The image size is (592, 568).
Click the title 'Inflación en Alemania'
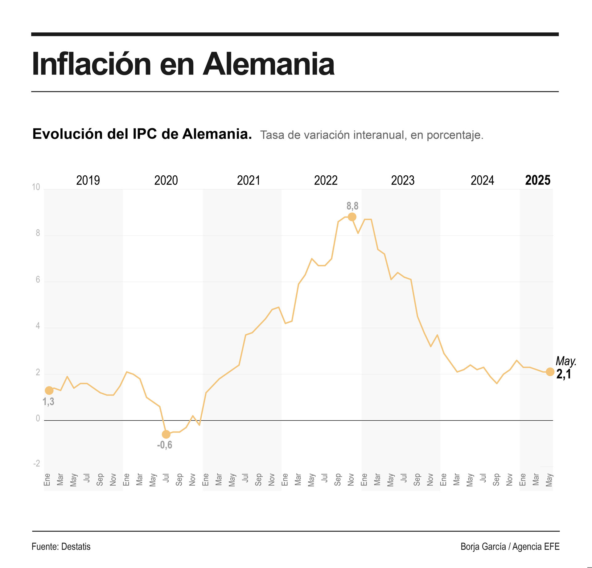point(183,64)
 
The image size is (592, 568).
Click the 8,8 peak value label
point(352,206)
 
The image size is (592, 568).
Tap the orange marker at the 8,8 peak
point(352,217)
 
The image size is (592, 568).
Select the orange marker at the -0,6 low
point(166,434)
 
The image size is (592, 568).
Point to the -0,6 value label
point(165,445)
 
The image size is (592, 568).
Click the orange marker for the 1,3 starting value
point(49,390)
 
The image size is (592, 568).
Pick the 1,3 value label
point(48,402)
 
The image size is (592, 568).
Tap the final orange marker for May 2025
point(550,372)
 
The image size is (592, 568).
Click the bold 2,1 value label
point(564,374)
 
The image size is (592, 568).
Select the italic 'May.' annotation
point(566,361)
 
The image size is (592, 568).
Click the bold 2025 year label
point(538,180)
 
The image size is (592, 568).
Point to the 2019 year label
point(88,180)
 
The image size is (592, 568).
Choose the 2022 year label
point(326,180)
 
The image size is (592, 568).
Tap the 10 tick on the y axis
point(36,187)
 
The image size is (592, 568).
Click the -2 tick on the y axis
point(37,464)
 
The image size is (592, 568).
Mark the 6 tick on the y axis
point(38,280)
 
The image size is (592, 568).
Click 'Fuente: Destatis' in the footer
point(61,546)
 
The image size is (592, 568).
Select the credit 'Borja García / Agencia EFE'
point(510,546)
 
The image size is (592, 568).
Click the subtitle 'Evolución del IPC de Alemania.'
point(142,134)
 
